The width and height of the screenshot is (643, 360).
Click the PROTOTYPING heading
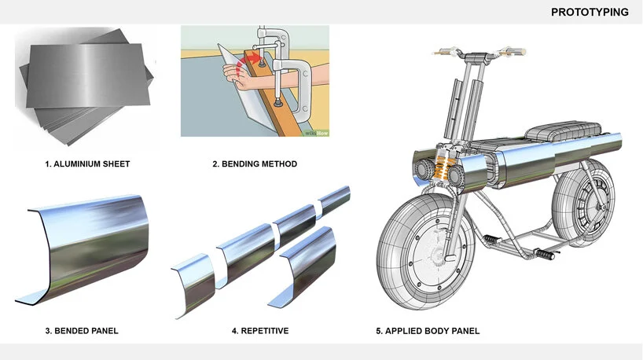point(589,12)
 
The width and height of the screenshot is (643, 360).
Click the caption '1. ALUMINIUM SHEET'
point(87,164)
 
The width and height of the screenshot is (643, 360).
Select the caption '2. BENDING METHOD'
point(255,164)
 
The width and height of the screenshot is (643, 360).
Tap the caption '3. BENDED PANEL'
point(81,331)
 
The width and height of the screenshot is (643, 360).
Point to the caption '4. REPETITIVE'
point(259,331)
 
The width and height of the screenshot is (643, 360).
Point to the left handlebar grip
point(444,53)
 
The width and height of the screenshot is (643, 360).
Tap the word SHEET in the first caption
point(116,164)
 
